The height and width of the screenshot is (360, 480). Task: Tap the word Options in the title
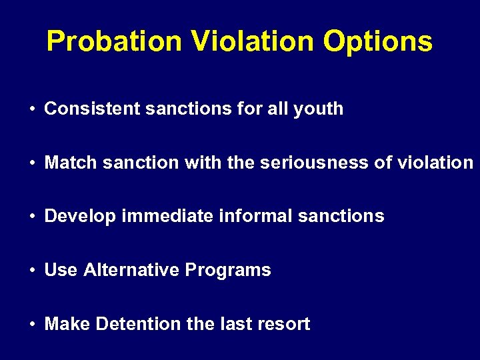click(x=377, y=41)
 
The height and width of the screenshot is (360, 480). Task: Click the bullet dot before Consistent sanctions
click(x=32, y=109)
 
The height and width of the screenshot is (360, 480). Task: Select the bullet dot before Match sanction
click(x=32, y=163)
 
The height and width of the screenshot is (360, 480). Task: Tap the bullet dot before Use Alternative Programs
click(x=32, y=271)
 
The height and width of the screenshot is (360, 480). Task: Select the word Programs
click(x=228, y=271)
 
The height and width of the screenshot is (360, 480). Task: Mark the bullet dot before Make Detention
click(x=32, y=325)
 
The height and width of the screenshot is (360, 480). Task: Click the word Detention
click(x=139, y=324)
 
